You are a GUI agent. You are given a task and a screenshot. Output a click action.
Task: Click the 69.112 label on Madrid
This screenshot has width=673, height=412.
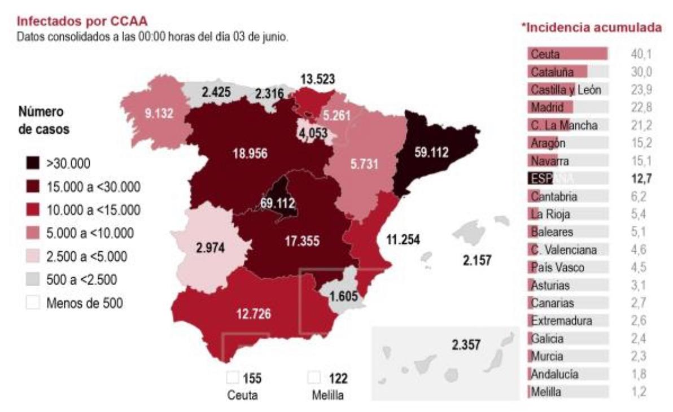coord(278,203)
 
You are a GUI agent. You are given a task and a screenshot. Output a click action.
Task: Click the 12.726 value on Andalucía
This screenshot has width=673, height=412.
coord(254,314)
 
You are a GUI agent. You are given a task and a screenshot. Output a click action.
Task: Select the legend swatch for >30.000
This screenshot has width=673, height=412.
coord(33,164)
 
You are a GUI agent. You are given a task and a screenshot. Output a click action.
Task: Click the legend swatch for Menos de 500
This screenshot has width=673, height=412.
coord(33,303)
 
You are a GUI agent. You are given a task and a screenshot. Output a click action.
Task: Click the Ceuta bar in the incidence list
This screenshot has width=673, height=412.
coord(568,54)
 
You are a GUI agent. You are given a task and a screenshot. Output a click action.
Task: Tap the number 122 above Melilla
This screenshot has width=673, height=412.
coord(338,378)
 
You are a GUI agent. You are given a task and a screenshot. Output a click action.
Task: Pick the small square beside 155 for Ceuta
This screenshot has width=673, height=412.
coord(231,378)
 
